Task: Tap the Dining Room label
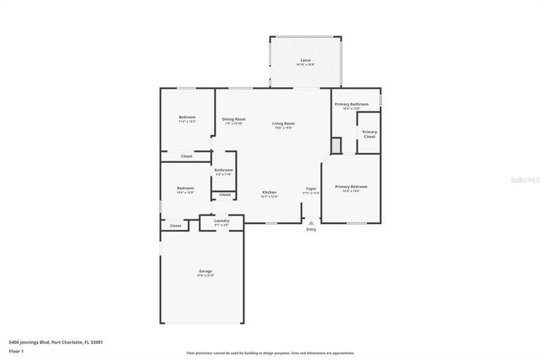234,121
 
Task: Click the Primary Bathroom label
351,106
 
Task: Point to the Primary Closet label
369,134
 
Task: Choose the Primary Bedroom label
351,188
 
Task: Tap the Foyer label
311,190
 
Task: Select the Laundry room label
221,222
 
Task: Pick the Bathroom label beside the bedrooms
223,172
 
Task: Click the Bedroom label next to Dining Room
187,118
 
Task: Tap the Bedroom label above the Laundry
185,189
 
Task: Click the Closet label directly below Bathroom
224,195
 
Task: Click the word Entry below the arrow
311,229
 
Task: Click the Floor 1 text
16,350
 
